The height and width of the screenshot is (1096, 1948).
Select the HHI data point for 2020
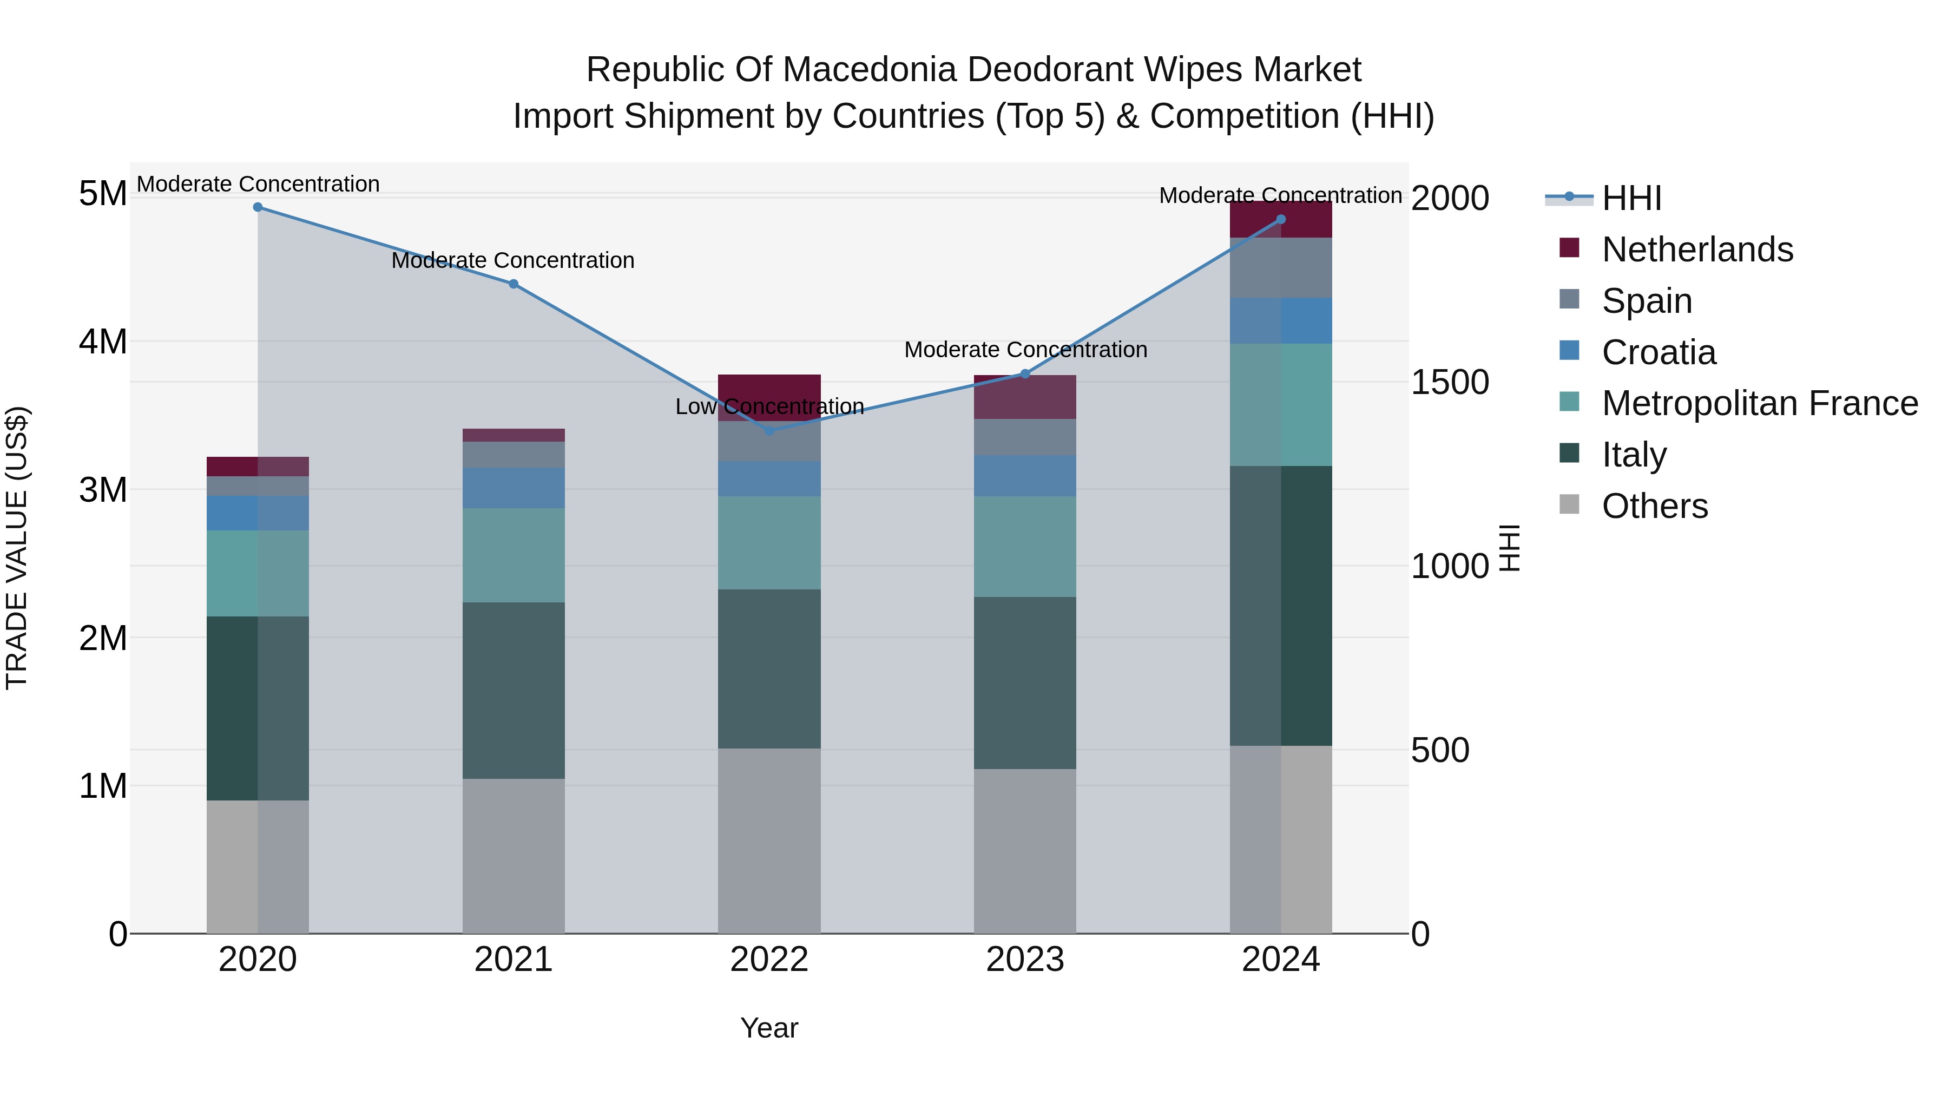(x=258, y=207)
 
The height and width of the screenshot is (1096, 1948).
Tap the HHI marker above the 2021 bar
(x=514, y=284)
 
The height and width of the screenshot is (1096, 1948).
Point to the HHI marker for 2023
(x=1025, y=373)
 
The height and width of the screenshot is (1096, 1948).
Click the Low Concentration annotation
(x=769, y=407)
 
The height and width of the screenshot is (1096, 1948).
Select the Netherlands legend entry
(x=1696, y=250)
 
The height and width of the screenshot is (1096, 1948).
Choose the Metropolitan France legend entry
(x=1759, y=403)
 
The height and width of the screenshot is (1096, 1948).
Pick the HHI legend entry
(x=1631, y=198)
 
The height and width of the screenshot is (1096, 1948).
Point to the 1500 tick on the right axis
(x=1450, y=383)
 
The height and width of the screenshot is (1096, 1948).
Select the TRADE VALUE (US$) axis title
(x=17, y=548)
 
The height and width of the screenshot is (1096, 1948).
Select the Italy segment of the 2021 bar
(x=514, y=690)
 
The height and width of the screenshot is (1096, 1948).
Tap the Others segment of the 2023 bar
(x=1025, y=851)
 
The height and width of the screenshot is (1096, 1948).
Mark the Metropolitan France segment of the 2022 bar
(x=769, y=542)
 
